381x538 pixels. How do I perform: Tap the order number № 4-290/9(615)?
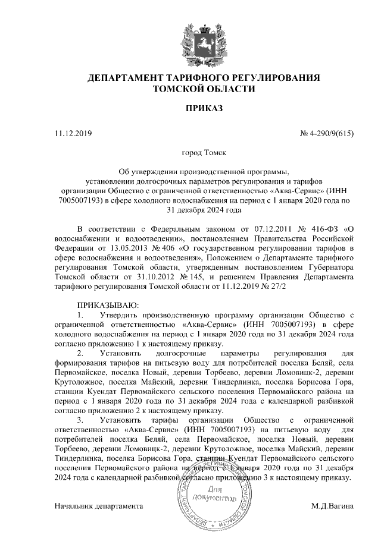point(327,133)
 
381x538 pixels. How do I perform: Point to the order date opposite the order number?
point(73,133)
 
